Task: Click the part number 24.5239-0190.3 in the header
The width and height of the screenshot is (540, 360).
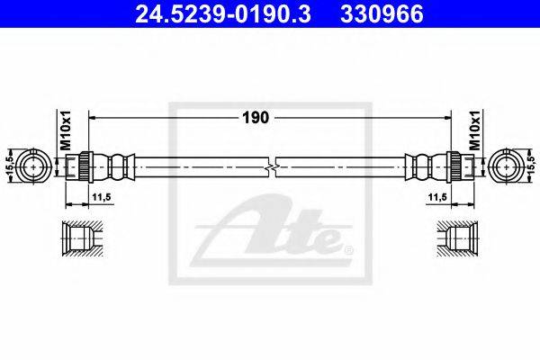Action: (x=223, y=14)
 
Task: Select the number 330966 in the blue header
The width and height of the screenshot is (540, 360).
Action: (x=382, y=14)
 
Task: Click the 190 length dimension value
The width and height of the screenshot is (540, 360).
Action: (x=256, y=118)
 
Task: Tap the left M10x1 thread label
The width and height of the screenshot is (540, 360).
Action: (x=66, y=130)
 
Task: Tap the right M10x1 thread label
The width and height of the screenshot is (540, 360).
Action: (x=475, y=130)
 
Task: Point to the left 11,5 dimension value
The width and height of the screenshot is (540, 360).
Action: (x=101, y=197)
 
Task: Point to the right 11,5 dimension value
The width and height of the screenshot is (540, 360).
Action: (x=437, y=197)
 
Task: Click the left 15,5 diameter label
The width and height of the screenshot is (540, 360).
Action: (x=10, y=165)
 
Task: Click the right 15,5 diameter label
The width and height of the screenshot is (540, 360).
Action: (x=530, y=165)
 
